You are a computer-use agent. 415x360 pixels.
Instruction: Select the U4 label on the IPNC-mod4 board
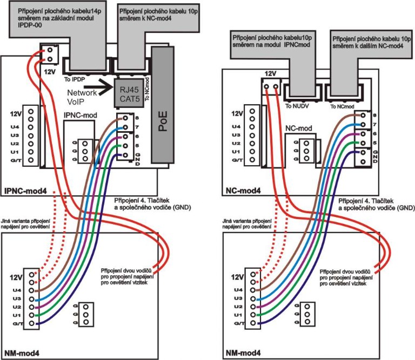coord(15,125)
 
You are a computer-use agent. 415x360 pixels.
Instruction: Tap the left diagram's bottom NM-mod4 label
coord(21,353)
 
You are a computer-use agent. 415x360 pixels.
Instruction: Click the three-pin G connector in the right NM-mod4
coord(307,314)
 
